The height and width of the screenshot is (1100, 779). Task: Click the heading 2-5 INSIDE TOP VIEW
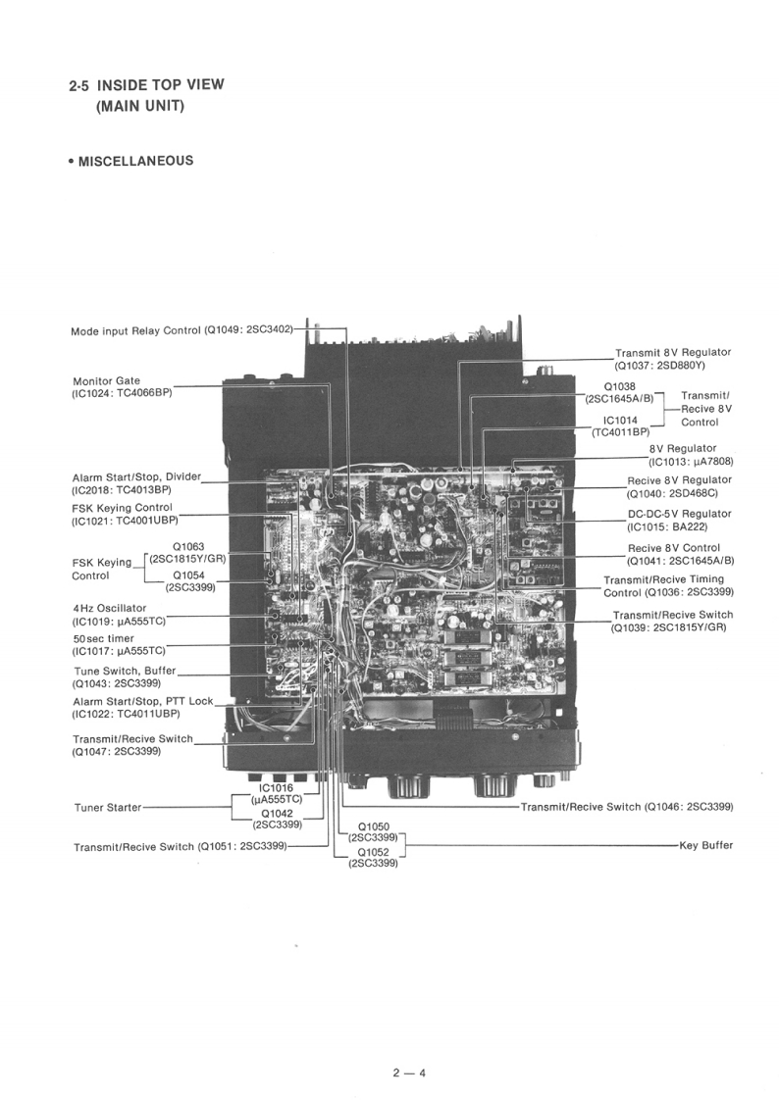146,85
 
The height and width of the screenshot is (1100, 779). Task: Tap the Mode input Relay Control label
135,330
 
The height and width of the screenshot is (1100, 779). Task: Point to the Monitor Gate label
106,380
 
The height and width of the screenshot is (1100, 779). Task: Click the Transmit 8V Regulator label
672,352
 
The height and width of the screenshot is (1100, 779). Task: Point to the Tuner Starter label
107,808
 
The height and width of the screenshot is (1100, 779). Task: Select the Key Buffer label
705,844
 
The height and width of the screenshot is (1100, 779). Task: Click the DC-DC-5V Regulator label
679,514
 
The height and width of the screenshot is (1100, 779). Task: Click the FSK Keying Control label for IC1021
122,508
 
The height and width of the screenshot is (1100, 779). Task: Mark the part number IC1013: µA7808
691,461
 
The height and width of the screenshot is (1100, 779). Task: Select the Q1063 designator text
187,546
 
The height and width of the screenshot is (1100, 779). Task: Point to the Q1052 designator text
374,852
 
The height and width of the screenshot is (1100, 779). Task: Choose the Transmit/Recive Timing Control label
663,585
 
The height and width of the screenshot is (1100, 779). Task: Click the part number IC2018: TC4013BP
121,489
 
